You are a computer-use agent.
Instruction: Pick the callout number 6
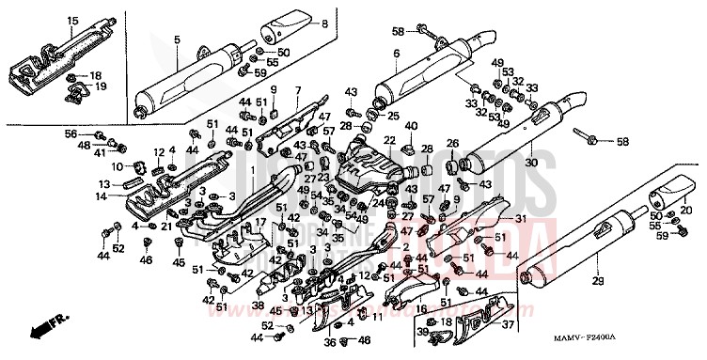point(396,54)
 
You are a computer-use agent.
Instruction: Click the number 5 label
point(176,40)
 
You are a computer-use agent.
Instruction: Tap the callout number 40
point(410,126)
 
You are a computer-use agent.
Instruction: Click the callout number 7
point(297,90)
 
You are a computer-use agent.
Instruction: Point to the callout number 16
point(420,307)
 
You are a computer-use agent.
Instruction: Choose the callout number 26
point(451,143)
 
